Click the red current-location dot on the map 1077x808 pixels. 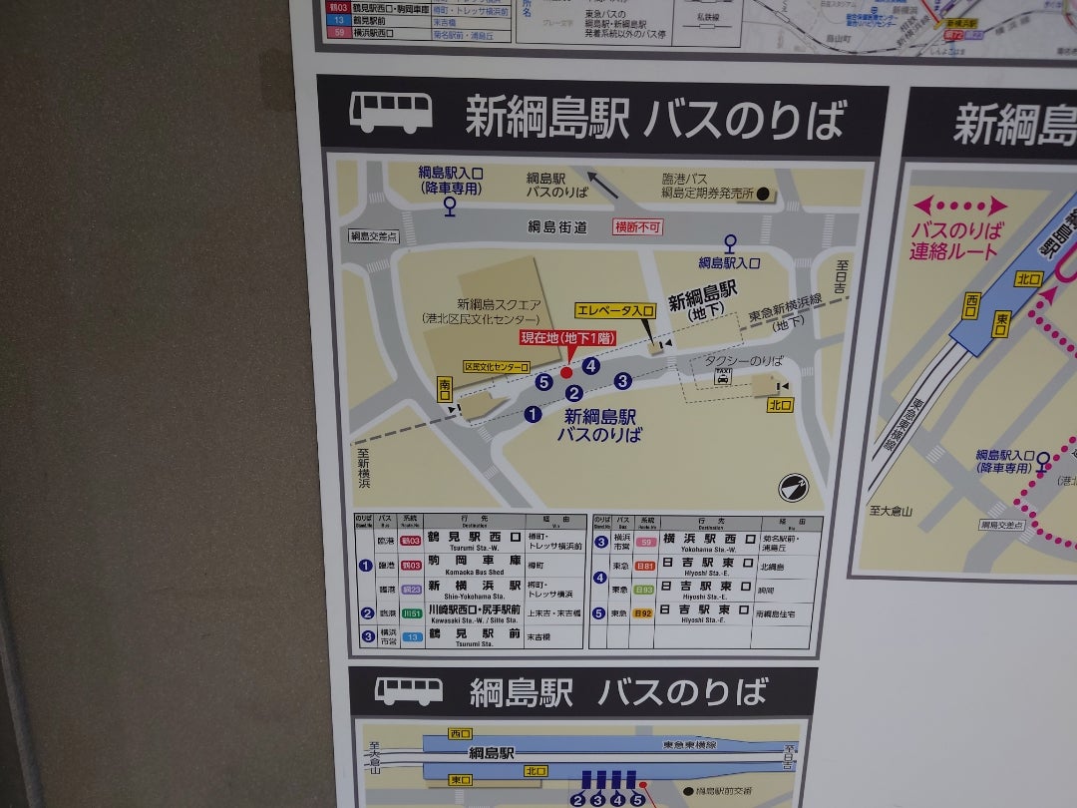[567, 372]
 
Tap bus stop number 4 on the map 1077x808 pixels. [591, 365]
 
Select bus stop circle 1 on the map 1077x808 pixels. [533, 414]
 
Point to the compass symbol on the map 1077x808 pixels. [794, 487]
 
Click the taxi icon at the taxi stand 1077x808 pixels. [722, 377]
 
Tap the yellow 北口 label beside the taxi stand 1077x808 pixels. [780, 405]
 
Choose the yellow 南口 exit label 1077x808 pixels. [445, 386]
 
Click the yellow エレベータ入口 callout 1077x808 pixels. [614, 311]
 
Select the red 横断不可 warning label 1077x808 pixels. [637, 226]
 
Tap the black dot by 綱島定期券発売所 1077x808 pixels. [763, 194]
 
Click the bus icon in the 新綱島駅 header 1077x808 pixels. [390, 113]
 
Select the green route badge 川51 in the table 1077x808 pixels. [411, 612]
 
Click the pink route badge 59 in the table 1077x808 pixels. [646, 542]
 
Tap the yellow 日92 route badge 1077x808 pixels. [642, 612]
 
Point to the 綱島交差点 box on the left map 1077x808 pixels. [374, 236]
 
